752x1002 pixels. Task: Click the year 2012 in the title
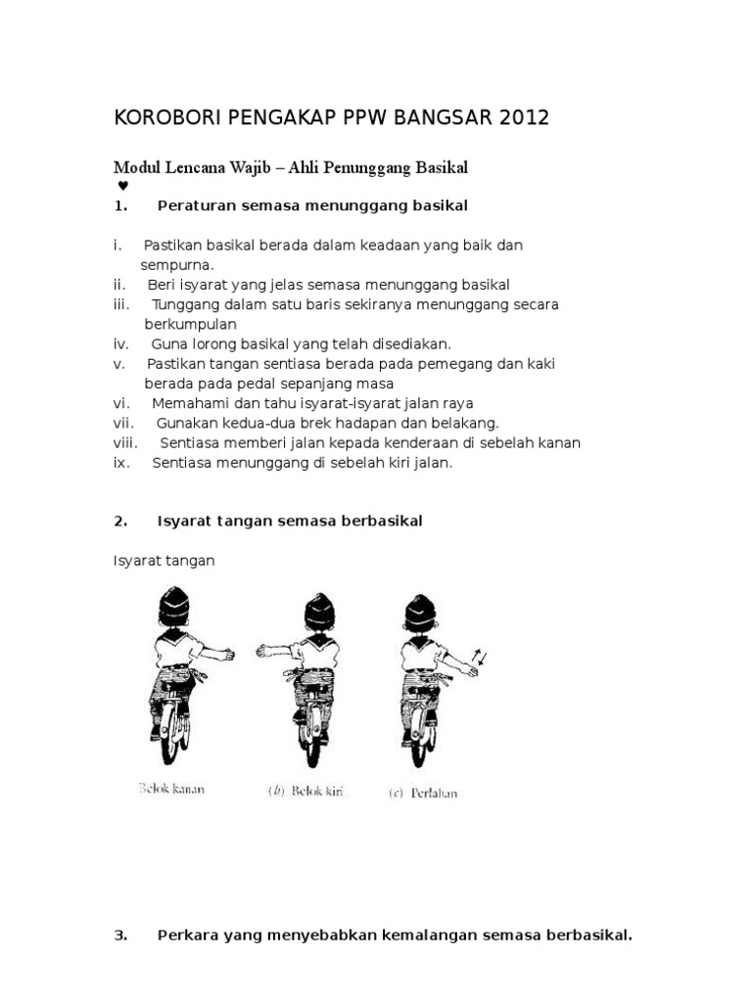524,118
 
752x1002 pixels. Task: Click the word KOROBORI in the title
167,118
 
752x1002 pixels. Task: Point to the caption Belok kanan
171,789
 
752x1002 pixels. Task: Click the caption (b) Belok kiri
309,791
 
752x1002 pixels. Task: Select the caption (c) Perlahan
424,792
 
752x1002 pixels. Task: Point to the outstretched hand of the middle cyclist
264,650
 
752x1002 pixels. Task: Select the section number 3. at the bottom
121,935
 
